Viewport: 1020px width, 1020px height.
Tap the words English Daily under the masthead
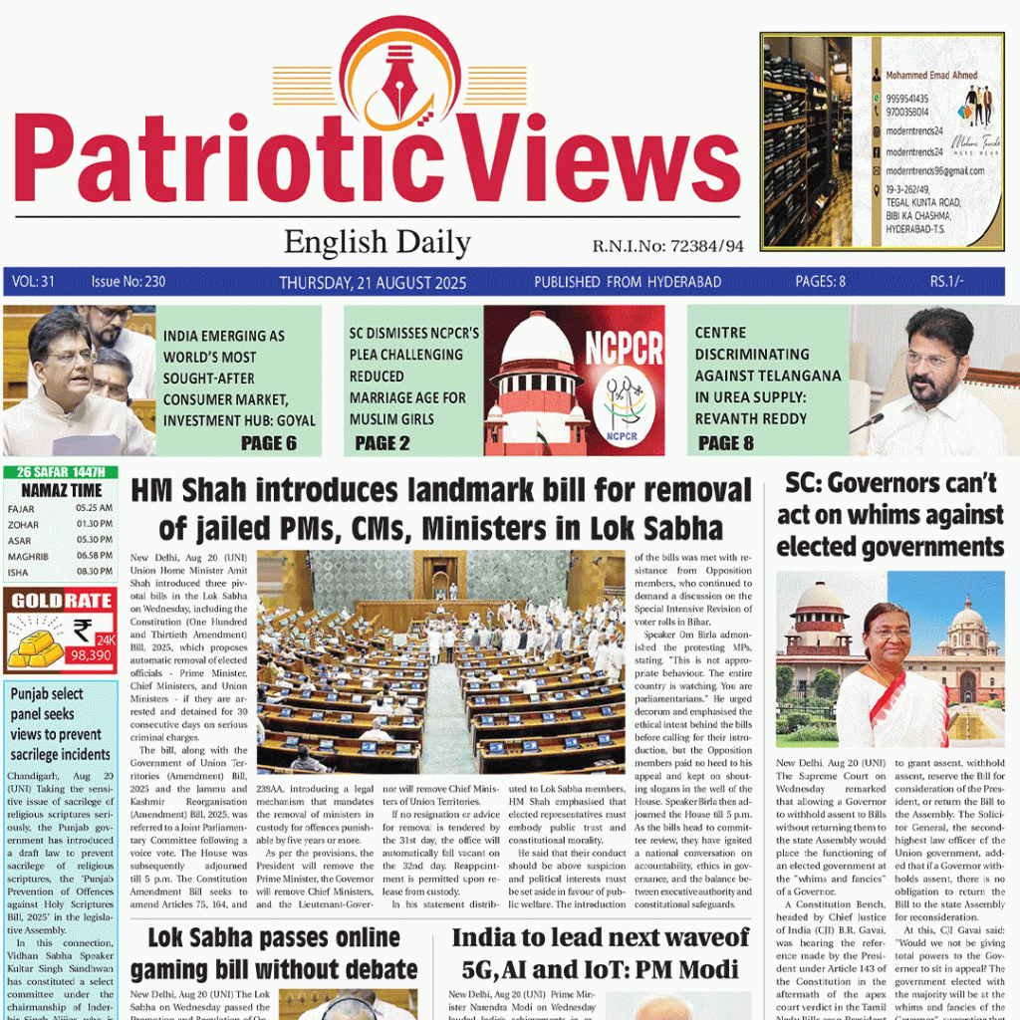377,242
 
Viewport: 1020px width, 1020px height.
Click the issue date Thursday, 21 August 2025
373,282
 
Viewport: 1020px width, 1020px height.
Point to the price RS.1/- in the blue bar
946,282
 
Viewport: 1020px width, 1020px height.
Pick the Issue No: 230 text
127,282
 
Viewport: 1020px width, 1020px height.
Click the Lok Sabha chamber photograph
440,661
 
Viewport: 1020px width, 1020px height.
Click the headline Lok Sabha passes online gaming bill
273,953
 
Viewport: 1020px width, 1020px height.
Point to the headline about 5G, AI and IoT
600,953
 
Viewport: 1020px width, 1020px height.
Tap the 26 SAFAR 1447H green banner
61,472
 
